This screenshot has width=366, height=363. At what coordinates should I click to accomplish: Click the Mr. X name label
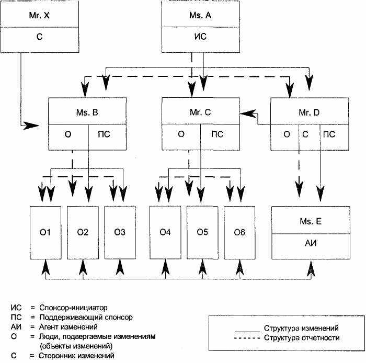point(39,15)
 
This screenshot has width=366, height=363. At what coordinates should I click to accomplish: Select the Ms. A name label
point(200,15)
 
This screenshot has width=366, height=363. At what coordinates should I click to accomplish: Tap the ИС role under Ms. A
point(200,37)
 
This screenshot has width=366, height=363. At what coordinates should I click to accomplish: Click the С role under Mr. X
point(39,37)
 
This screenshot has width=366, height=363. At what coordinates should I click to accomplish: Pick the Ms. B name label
point(87,112)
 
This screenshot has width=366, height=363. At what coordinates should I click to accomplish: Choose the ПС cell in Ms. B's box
point(104,134)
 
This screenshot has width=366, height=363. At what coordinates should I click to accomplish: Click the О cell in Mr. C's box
point(181,134)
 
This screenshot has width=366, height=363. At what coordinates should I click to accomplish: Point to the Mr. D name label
point(309,112)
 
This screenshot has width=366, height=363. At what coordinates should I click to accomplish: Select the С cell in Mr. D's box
point(305,134)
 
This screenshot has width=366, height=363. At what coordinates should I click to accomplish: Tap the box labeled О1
point(45,233)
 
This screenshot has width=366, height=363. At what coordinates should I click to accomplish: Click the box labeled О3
point(120,233)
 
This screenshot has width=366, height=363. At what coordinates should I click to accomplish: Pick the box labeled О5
point(202,233)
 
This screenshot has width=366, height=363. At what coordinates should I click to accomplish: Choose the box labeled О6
point(239,233)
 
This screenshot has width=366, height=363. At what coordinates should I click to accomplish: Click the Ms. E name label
point(311,221)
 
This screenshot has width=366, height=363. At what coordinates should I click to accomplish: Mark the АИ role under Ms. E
point(311,243)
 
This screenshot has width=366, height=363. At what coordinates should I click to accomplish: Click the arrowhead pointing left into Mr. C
point(247,114)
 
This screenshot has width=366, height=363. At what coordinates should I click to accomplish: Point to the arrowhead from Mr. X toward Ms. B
point(31,126)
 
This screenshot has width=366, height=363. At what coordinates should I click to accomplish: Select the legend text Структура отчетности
point(302,338)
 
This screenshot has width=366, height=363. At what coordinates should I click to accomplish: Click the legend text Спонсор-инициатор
point(73,308)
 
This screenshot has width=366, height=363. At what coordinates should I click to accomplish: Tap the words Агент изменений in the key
point(68,327)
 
